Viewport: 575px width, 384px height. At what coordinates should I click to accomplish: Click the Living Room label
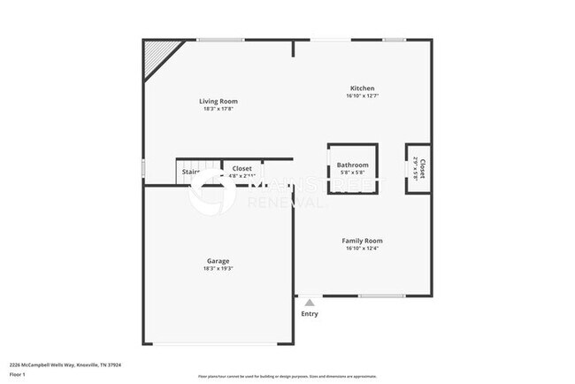pyautogui.click(x=218, y=102)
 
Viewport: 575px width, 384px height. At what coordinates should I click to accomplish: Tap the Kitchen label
pyautogui.click(x=363, y=88)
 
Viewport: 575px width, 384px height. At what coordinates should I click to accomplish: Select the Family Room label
pyautogui.click(x=363, y=241)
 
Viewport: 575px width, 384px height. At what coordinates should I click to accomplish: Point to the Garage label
pyautogui.click(x=218, y=261)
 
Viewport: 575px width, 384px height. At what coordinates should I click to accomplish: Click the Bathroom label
pyautogui.click(x=353, y=165)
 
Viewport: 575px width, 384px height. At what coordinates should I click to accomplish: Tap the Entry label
pyautogui.click(x=310, y=314)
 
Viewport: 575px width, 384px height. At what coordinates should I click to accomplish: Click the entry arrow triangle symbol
pyautogui.click(x=310, y=303)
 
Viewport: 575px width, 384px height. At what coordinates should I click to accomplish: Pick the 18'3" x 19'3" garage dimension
pyautogui.click(x=218, y=268)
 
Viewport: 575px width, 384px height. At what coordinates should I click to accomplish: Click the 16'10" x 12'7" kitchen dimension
pyautogui.click(x=363, y=96)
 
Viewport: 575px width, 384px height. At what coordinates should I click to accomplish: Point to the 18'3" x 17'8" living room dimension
pyautogui.click(x=218, y=109)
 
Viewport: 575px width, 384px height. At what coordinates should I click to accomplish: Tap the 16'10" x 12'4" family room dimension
pyautogui.click(x=363, y=248)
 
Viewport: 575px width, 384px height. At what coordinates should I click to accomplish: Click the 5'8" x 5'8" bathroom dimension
pyautogui.click(x=353, y=173)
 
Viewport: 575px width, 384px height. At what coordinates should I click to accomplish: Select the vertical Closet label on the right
pyautogui.click(x=423, y=168)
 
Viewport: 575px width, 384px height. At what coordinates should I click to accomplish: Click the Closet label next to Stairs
pyautogui.click(x=242, y=168)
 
